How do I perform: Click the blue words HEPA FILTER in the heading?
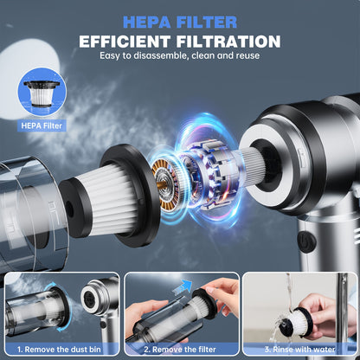point(180,22)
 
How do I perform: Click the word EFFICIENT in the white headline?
point(125,42)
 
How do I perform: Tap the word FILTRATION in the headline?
point(228,42)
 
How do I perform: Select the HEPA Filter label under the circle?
point(42,125)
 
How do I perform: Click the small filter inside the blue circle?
point(42,93)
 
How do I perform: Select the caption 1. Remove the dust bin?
point(59,350)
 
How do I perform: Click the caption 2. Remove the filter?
point(180,350)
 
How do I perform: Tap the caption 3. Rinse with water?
point(299,350)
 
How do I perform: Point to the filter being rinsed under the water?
point(295,322)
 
